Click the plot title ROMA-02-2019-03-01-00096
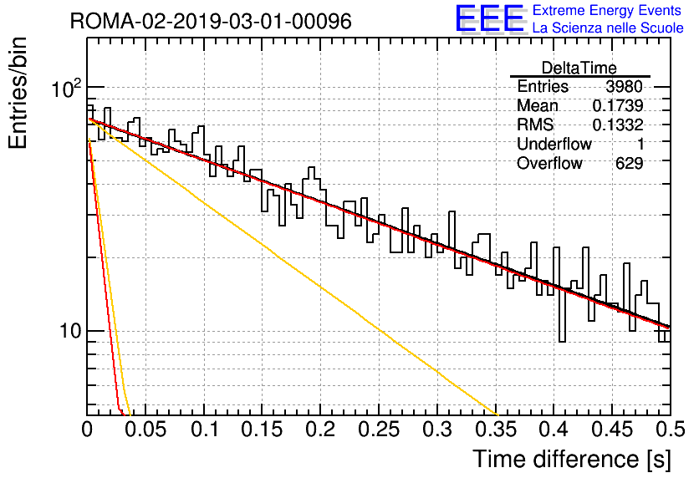point(211,21)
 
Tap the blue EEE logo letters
point(489,18)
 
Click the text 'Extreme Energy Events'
point(607,10)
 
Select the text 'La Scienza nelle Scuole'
point(608,28)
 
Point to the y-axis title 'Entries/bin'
point(18,93)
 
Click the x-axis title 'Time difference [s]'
point(572,459)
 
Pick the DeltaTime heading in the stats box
point(579,68)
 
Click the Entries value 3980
point(624,86)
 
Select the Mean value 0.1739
point(618,105)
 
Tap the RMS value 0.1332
point(618,125)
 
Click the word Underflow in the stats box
point(554,144)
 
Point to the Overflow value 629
point(629,163)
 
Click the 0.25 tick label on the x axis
point(379,430)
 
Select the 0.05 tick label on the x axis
point(145,430)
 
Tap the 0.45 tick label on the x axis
point(613,430)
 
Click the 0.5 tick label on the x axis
point(670,430)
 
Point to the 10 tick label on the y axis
point(71,331)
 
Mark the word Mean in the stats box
point(537,105)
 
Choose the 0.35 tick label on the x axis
point(496,430)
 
